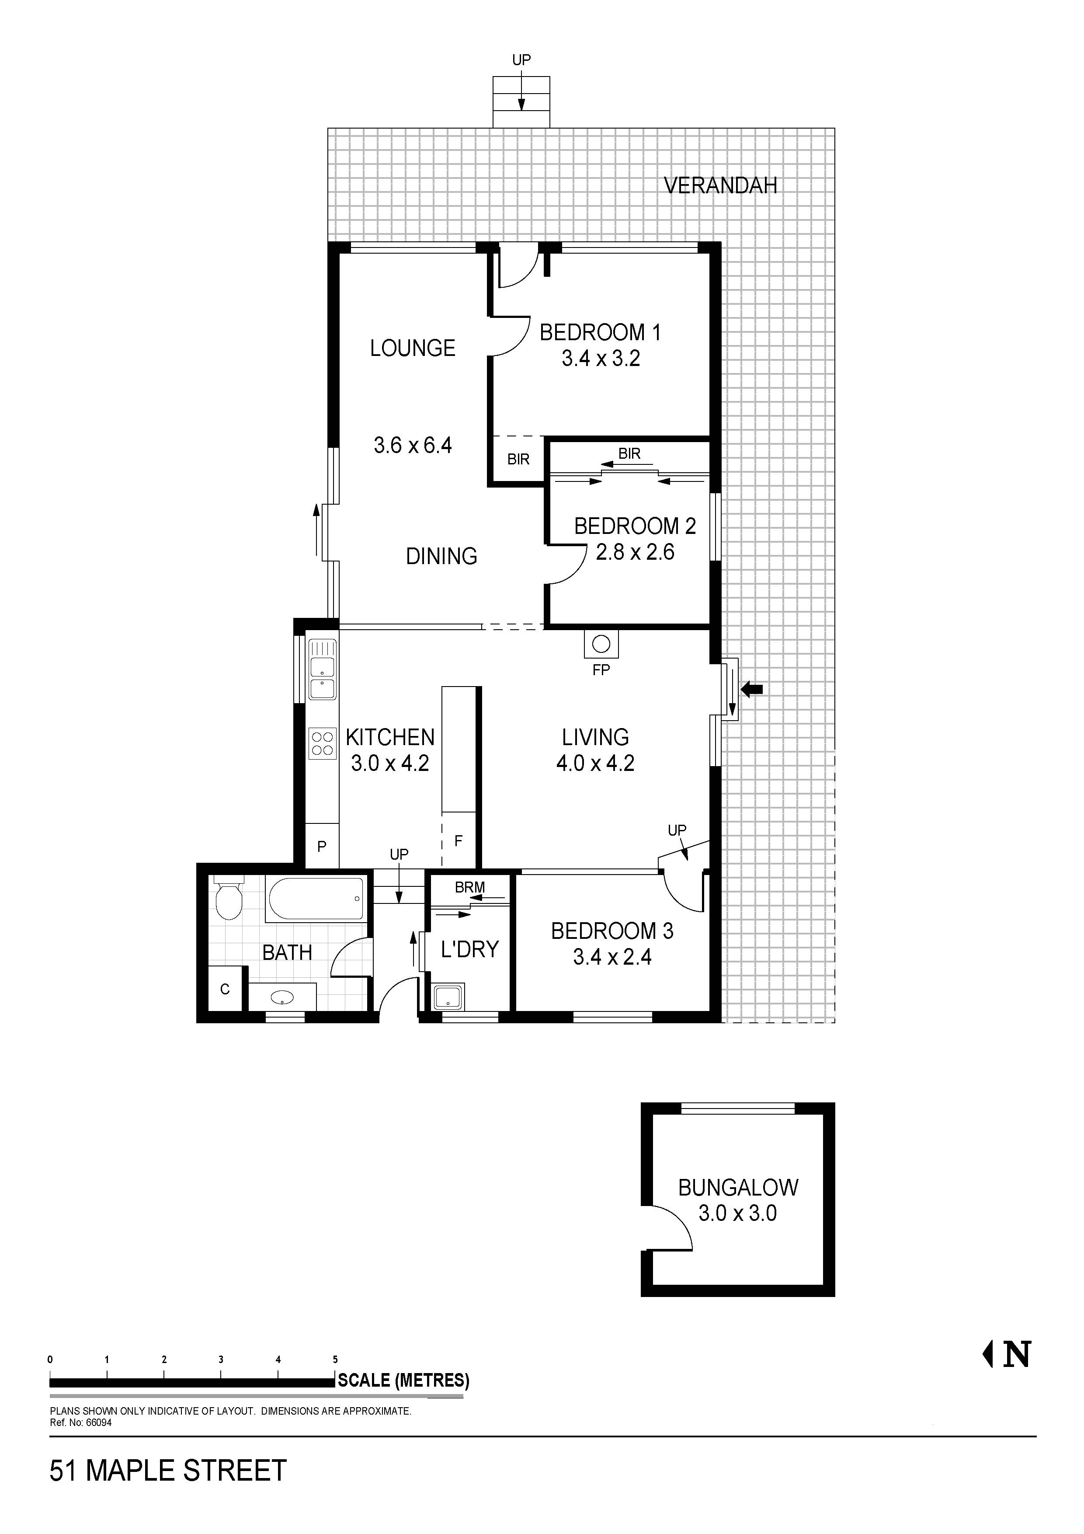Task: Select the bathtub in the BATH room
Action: pos(316,899)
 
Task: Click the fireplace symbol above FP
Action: pos(601,644)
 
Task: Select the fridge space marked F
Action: pos(458,840)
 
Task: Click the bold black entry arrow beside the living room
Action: pos(753,689)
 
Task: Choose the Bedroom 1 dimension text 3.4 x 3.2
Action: pos(601,359)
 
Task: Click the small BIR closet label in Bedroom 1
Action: pos(518,459)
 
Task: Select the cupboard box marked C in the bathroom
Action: pos(225,989)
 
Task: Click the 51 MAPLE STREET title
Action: pos(168,1471)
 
